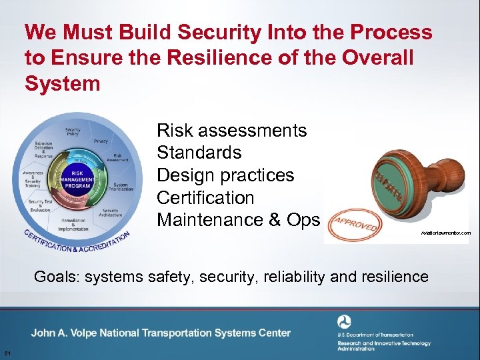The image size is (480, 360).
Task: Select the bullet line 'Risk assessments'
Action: pos(231,130)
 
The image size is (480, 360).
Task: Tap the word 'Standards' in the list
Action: pos(199,153)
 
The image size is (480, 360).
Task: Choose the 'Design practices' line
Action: pos(225,175)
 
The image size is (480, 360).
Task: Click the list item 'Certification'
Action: pos(205,198)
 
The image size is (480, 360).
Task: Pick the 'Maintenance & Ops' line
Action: pos(238,220)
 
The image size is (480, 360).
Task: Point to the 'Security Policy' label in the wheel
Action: pos(73,132)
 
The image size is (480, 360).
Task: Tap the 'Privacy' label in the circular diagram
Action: pos(101,141)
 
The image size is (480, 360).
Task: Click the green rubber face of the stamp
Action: pos(387,189)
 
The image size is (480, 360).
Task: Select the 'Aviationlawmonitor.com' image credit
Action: pos(445,233)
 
